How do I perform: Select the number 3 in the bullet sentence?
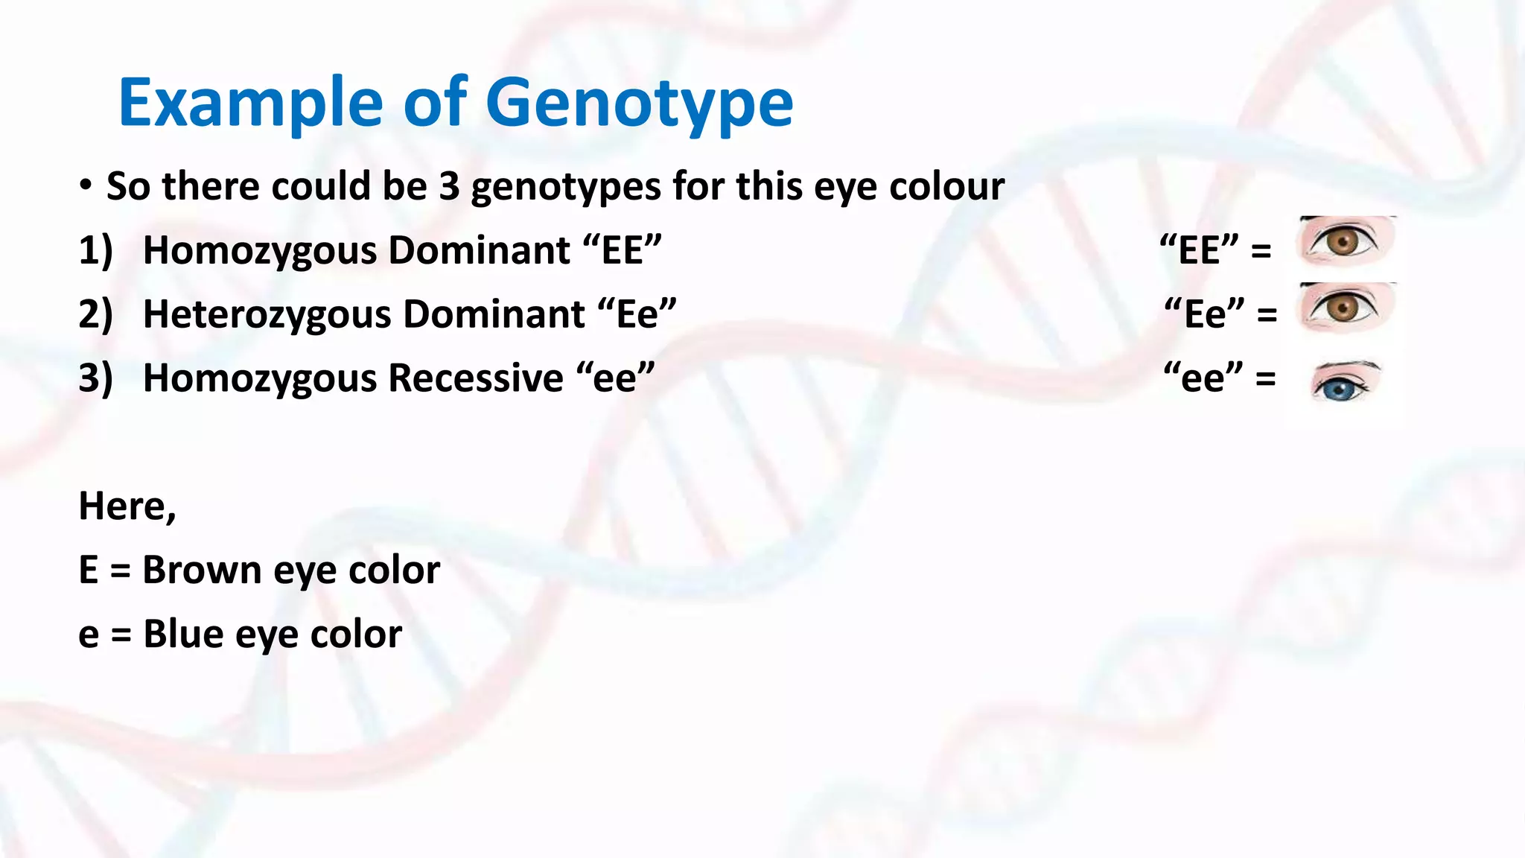449,186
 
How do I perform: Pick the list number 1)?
95,250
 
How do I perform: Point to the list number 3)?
95,378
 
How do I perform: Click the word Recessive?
476,378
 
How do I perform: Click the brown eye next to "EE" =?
1344,241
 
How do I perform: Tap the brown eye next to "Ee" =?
1344,307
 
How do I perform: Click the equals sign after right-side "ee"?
1265,378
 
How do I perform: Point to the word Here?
127,506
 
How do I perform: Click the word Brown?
202,571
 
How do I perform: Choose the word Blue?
183,635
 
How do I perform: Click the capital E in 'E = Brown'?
88,571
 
